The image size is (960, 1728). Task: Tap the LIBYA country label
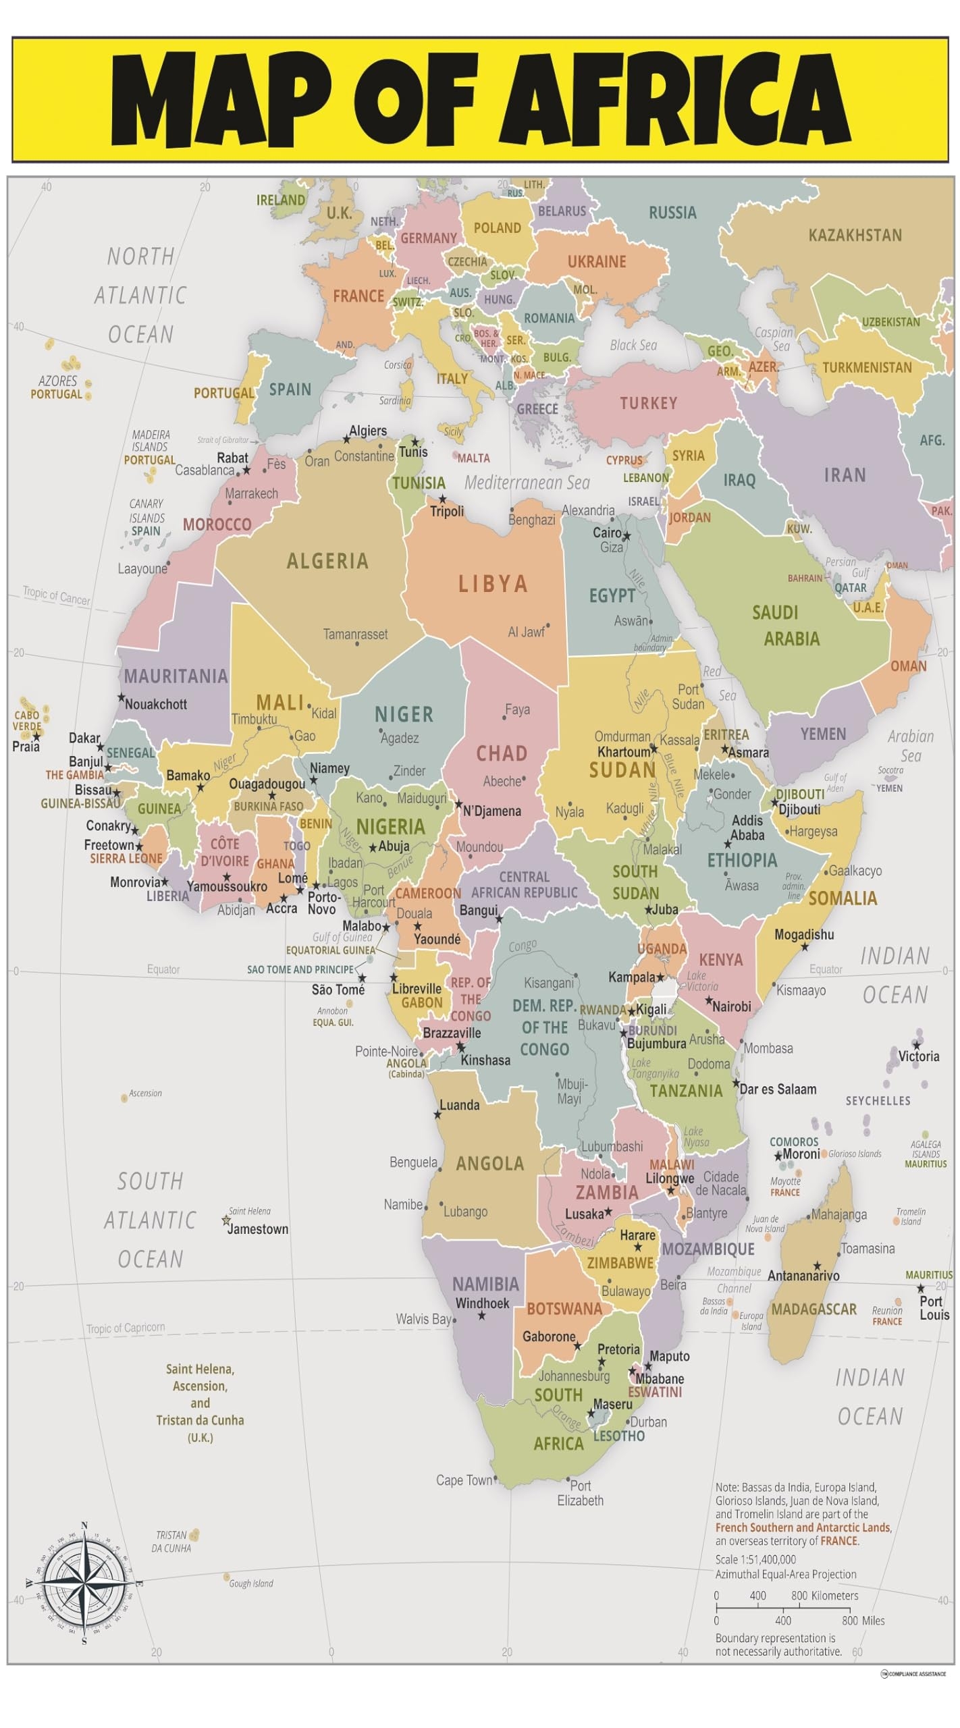click(x=492, y=583)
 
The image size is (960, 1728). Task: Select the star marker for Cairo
click(x=626, y=536)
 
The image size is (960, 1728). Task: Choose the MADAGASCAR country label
click(x=814, y=1309)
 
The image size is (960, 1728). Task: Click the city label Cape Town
click(x=464, y=1480)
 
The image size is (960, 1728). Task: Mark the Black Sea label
click(x=633, y=345)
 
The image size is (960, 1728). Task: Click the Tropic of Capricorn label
click(x=125, y=1328)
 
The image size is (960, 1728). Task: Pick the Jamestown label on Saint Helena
click(x=257, y=1229)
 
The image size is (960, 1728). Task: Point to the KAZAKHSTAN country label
click(x=855, y=235)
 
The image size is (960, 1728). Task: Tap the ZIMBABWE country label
click(x=620, y=1263)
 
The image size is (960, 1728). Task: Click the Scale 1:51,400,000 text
click(x=755, y=1559)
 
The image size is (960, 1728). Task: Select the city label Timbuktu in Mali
click(x=254, y=719)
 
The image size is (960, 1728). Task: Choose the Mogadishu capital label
click(x=803, y=934)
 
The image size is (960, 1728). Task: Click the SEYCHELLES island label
click(x=878, y=1101)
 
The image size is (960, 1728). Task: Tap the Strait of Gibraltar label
click(x=223, y=439)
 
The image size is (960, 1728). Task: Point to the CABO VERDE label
click(x=27, y=720)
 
